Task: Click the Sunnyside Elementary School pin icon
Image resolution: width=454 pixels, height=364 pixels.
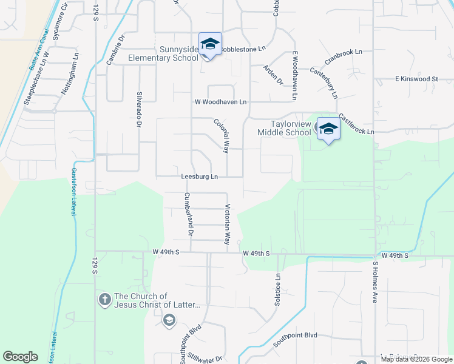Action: click(x=210, y=44)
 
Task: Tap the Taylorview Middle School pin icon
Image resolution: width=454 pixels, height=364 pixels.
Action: click(x=328, y=129)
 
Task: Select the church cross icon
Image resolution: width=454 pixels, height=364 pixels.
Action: click(x=104, y=299)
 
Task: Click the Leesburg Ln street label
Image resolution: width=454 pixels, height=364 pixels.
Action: click(x=199, y=177)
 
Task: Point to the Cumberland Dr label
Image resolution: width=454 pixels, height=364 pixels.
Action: click(x=189, y=214)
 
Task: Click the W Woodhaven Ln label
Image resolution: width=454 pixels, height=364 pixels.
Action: click(x=220, y=102)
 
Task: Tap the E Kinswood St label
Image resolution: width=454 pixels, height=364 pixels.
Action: click(x=416, y=79)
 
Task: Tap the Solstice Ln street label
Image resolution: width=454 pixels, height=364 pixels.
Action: click(x=278, y=289)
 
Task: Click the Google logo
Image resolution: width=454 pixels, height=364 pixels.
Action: click(x=20, y=357)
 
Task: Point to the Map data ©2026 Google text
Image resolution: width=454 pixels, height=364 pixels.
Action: click(x=416, y=359)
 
